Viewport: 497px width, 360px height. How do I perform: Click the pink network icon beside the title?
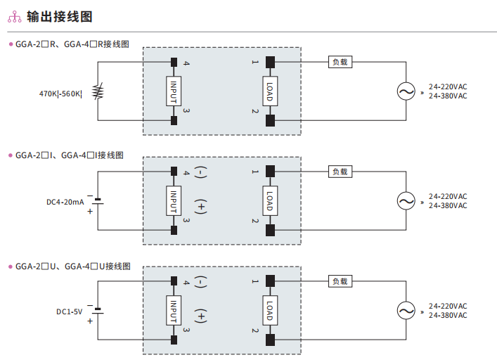(14, 17)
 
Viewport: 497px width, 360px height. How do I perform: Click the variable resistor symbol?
(98, 91)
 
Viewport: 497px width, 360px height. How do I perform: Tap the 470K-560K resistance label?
(60, 94)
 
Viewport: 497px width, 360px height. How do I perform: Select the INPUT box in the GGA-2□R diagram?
(174, 91)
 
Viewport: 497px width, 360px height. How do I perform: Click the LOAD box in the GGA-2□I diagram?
(270, 201)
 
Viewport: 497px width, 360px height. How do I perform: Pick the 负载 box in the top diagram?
(340, 62)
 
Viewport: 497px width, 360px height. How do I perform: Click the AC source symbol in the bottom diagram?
(406, 311)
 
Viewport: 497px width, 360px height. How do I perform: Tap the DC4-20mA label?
(65, 202)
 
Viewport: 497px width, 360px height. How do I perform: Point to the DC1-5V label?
(70, 311)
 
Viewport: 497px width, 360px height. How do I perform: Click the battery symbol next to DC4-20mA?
(98, 201)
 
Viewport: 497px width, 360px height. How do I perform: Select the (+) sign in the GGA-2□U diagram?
(200, 316)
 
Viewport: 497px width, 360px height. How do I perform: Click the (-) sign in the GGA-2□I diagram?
(200, 172)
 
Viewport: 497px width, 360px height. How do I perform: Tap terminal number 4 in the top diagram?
(186, 63)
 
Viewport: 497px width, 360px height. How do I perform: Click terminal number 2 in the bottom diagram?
(255, 330)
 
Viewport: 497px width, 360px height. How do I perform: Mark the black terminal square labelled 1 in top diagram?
(270, 62)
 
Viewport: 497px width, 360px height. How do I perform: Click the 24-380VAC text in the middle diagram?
(448, 206)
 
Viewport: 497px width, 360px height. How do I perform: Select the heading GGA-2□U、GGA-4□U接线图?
(73, 266)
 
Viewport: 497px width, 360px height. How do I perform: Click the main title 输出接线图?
(60, 17)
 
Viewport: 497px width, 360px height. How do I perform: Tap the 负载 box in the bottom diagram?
(340, 281)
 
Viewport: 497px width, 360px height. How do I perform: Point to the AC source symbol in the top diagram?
(406, 91)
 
